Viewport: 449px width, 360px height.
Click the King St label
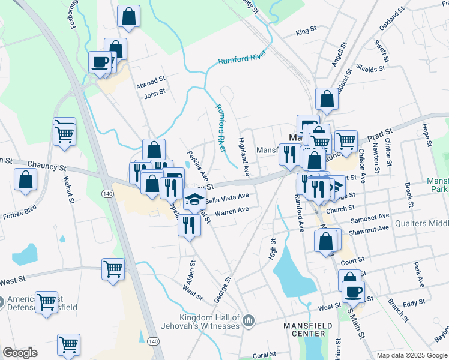click(306, 30)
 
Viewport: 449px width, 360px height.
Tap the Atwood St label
click(150, 79)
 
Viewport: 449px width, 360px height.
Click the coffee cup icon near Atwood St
click(100, 61)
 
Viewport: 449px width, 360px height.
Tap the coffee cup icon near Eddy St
click(353, 292)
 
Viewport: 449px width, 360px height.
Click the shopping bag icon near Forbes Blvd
click(25, 179)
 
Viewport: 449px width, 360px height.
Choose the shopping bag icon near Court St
click(326, 241)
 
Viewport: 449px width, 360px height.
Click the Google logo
click(20, 352)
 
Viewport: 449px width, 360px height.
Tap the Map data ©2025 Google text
click(412, 355)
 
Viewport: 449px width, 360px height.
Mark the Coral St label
click(264, 355)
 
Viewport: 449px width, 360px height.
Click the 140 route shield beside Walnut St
click(107, 194)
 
